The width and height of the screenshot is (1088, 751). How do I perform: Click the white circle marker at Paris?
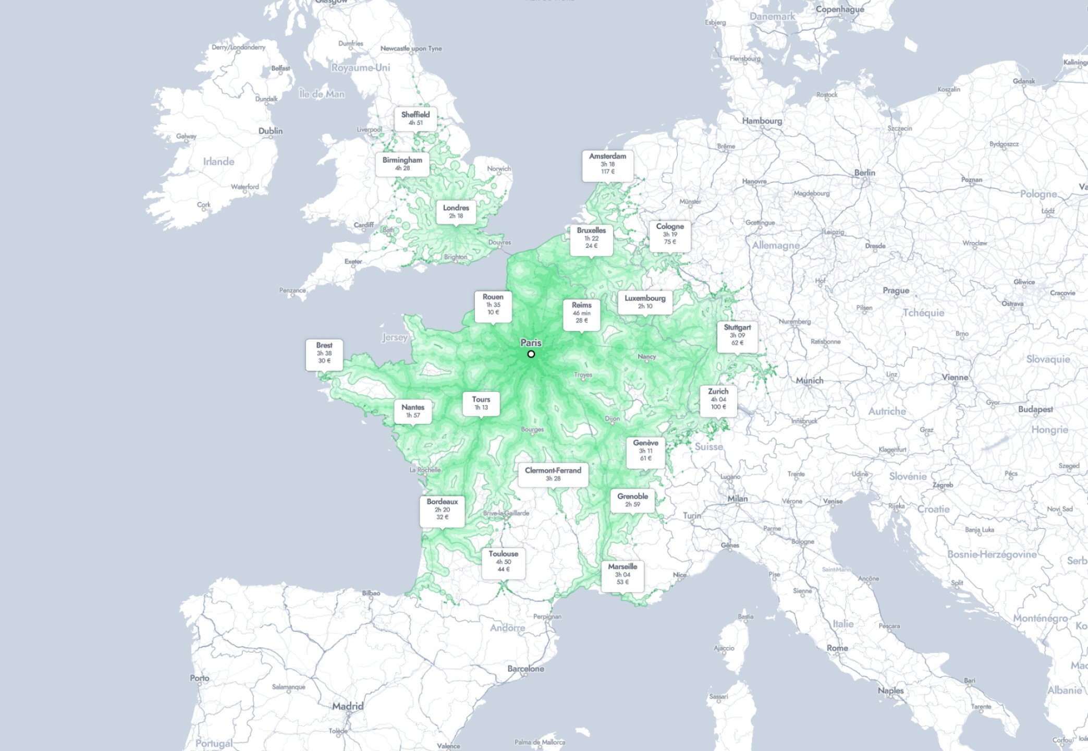tap(531, 354)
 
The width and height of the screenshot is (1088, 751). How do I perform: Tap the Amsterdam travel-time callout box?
tap(607, 164)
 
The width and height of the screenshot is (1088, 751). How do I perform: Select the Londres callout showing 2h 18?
tap(456, 212)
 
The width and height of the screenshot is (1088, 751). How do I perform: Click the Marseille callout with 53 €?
tap(622, 574)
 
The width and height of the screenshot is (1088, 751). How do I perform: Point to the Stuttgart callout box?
tap(737, 335)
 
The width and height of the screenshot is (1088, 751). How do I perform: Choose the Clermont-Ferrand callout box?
tap(553, 474)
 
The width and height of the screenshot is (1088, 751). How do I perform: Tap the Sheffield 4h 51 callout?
tap(415, 118)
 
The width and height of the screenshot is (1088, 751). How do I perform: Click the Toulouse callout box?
tap(503, 562)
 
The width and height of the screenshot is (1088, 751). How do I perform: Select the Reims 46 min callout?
tap(581, 313)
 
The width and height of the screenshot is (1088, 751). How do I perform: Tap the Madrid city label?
tap(348, 706)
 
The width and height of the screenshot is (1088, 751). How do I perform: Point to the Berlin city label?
tap(864, 173)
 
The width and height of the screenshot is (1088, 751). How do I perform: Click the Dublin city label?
tap(271, 131)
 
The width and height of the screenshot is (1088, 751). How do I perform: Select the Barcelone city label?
tap(525, 669)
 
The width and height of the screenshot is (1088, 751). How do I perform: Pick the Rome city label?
tap(837, 648)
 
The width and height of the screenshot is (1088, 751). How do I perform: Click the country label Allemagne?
tap(775, 245)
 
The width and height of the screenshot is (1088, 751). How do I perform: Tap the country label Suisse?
tap(708, 446)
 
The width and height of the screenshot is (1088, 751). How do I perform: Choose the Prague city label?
tap(896, 290)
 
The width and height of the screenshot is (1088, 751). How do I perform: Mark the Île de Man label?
tap(322, 94)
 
